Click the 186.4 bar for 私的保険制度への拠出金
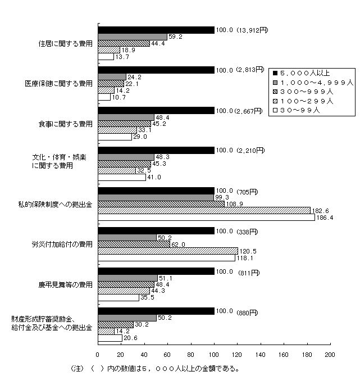coord(206,217)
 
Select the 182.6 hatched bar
coord(204,210)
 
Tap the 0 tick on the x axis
coord(98,355)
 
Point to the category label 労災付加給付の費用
coord(62,244)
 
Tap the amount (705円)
coord(246,191)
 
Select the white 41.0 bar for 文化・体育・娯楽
coord(122,177)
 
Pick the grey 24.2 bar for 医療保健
coord(112,77)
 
